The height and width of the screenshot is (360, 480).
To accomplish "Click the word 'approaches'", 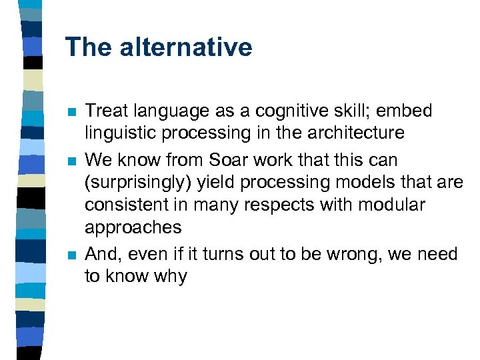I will tap(133, 228).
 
